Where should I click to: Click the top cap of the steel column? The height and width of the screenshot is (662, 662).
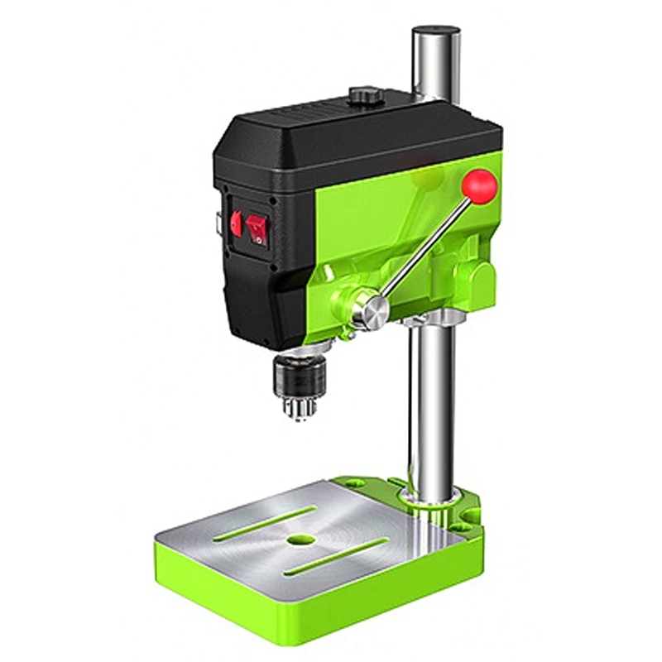435,31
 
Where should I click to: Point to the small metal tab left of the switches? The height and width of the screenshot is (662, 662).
216,223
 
